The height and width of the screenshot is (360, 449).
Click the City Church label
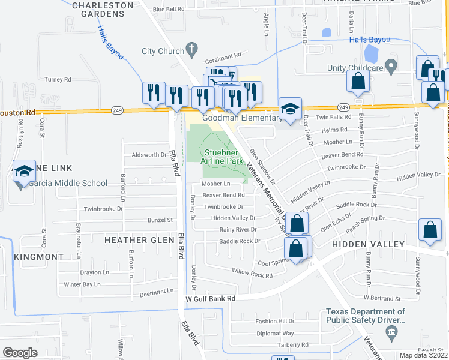162,51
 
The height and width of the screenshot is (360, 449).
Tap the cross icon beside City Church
191,49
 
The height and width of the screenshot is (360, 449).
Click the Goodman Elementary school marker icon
291,109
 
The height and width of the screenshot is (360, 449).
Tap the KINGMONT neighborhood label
38,257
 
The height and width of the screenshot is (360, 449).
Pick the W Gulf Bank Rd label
209,298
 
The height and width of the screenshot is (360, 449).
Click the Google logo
20,353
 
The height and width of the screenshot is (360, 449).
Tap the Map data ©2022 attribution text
423,355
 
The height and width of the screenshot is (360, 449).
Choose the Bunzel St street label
161,220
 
